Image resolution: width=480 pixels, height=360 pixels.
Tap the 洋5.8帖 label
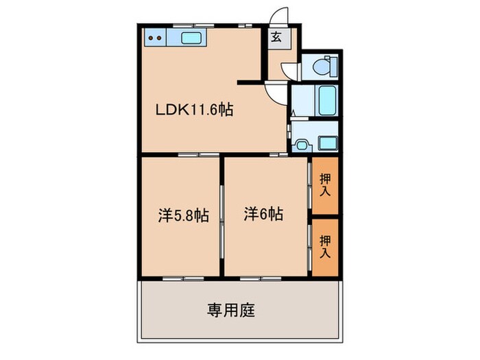coord(183,215)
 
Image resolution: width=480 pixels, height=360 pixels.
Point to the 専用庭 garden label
coord(231,311)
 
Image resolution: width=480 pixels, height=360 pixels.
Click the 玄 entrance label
coord(275,38)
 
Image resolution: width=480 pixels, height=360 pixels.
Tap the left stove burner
coord(152,38)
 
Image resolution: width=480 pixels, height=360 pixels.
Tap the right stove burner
coord(160,38)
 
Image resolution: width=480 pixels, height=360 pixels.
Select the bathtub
coord(326,102)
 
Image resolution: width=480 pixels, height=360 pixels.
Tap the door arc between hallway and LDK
coord(275,92)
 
